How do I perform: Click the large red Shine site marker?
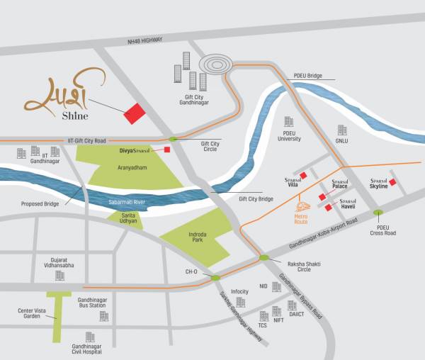[133, 113]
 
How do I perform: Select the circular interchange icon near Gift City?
[215, 64]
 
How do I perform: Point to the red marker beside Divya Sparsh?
[167, 150]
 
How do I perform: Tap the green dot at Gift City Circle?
[173, 140]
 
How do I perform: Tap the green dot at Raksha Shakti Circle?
[263, 259]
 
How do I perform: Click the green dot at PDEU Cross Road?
[378, 212]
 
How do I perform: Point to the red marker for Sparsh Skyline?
[392, 182]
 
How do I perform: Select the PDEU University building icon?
[288, 123]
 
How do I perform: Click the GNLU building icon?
[341, 130]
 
